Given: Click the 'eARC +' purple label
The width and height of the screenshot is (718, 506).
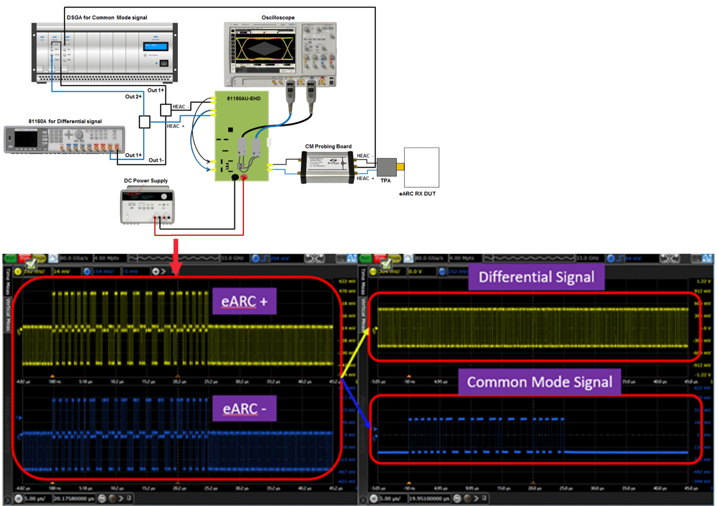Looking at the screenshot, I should [x=244, y=301].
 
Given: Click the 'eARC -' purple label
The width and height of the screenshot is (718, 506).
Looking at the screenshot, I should [x=244, y=409].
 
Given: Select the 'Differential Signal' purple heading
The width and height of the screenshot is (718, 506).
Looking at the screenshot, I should [x=536, y=277].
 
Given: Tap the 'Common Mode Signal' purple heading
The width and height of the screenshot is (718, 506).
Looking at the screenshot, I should [x=539, y=382].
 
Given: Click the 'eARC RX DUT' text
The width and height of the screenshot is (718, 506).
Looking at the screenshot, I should [x=417, y=194].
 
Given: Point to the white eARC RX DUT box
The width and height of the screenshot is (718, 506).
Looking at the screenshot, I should [x=422, y=167].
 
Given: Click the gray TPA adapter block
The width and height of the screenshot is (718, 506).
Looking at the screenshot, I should [x=386, y=167].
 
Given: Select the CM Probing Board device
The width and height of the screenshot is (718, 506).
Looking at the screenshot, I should [x=327, y=167].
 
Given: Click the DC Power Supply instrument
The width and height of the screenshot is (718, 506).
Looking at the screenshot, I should [x=147, y=206].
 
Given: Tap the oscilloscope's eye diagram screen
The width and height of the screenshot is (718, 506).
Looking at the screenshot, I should [x=263, y=49].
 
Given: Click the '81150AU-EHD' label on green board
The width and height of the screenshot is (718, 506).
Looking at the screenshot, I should [x=243, y=99].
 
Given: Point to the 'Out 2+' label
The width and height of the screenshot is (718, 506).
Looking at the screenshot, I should [x=133, y=96].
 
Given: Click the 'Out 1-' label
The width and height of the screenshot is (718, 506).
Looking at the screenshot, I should [x=156, y=160].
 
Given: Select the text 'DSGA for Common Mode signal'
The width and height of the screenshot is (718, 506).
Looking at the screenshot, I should [x=107, y=18].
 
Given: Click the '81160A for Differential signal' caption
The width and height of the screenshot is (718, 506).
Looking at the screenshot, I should [x=65, y=121].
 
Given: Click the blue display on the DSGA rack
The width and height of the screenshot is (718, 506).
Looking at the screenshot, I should [x=156, y=46].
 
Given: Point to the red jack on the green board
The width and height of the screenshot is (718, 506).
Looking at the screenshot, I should [x=244, y=177].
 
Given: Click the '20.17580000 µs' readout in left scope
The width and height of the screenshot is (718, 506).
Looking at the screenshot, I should [x=74, y=498].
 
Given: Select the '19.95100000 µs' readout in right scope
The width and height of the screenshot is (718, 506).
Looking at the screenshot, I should [x=429, y=498].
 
